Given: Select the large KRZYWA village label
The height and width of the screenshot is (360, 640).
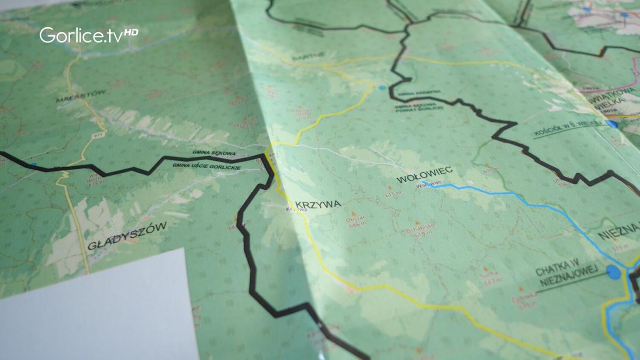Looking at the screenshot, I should tap(318, 204).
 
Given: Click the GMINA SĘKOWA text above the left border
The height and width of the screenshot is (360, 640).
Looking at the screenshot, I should tap(213, 153).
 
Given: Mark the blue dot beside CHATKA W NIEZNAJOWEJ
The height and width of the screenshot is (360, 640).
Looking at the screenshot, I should tap(614, 272).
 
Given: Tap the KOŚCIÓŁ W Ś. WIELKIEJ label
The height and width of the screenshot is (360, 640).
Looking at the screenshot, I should tap(567, 128).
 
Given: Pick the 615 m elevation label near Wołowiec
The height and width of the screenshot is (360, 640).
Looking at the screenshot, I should tap(393, 194).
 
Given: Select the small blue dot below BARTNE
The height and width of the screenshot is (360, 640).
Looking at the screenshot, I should tap(382, 88).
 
